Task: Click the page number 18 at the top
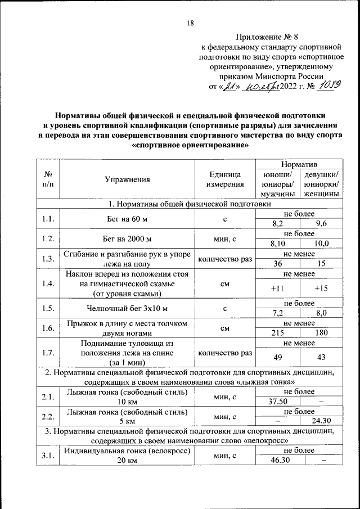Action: click(x=190, y=23)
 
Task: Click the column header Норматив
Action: click(x=299, y=164)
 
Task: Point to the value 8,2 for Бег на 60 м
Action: click(x=277, y=223)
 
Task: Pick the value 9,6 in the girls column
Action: click(x=322, y=223)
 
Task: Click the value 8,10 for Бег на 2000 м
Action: click(x=277, y=243)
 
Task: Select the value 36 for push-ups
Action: click(x=277, y=263)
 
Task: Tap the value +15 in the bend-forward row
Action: click(x=322, y=288)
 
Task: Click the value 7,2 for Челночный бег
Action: click(x=277, y=313)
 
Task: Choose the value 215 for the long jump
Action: click(x=277, y=333)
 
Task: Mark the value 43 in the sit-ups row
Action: click(x=322, y=357)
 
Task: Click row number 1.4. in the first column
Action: click(x=48, y=283)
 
